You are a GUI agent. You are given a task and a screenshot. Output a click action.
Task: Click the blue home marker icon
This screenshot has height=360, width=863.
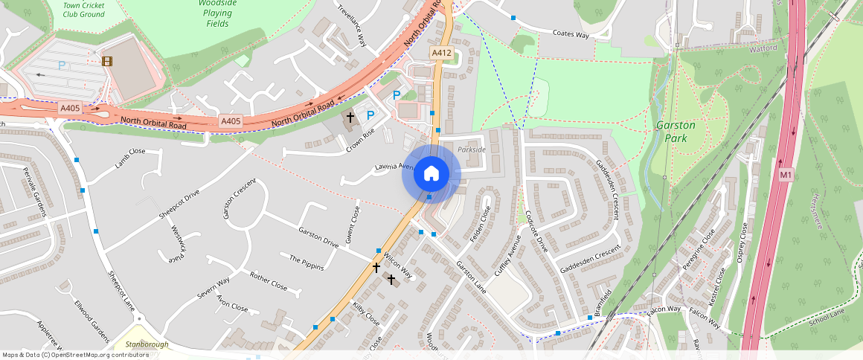pos(431,174)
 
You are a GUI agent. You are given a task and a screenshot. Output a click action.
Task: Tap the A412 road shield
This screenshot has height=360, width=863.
pos(440,53)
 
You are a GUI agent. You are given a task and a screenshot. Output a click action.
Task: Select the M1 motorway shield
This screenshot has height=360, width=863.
pos(785,175)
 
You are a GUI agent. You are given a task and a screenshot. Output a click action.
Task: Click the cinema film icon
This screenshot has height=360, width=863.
pos(108,62)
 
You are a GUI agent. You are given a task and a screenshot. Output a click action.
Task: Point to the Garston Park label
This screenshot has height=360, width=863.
pos(676,131)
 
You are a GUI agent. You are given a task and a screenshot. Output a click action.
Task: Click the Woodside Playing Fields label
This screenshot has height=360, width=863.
pos(218,13)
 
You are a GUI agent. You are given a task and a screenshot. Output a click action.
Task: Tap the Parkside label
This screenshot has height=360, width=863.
pos(472,150)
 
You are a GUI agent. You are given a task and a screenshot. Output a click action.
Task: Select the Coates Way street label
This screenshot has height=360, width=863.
pos(571,34)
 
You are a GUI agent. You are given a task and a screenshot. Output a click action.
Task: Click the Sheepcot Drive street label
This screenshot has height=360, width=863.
pos(179,205)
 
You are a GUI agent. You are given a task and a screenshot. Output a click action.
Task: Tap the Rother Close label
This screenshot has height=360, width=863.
pos(269,280)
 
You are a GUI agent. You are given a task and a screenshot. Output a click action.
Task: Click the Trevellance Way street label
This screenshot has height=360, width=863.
pos(353,25)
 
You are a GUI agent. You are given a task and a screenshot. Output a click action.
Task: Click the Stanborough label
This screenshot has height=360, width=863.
pos(147,344)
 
